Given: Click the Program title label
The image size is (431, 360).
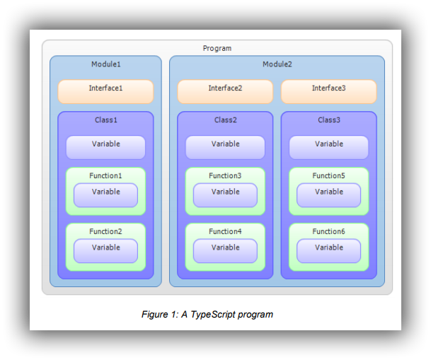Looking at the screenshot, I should pos(217,48).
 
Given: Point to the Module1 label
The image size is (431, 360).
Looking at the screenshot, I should pos(105,64).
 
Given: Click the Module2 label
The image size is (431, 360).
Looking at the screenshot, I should pos(277,64).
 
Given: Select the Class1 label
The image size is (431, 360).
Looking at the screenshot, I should pos(105,120).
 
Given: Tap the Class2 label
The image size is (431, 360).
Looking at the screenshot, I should pos(225,120).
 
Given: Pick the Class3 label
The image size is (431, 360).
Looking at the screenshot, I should pos(328,120).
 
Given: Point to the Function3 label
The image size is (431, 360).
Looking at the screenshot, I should pos(225,175).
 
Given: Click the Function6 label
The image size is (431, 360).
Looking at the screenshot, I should pos(328,231).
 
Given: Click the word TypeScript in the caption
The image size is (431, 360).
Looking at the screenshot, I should pos(213,315).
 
